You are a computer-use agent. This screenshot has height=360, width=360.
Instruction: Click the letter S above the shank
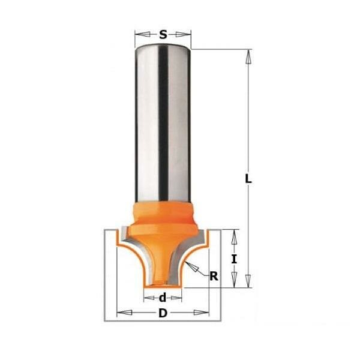tap(163, 35)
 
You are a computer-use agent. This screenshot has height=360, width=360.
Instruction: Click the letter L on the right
tap(248, 179)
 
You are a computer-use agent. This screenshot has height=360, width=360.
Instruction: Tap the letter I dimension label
tap(234, 259)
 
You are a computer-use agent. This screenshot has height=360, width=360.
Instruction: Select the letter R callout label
tap(214, 276)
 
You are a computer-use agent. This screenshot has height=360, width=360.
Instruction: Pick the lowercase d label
tap(163, 298)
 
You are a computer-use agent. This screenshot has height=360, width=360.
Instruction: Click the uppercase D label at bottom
tap(163, 313)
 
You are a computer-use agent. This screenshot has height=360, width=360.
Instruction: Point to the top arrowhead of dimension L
tap(248, 57)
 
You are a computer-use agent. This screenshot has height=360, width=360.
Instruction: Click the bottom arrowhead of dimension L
tap(248, 280)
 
